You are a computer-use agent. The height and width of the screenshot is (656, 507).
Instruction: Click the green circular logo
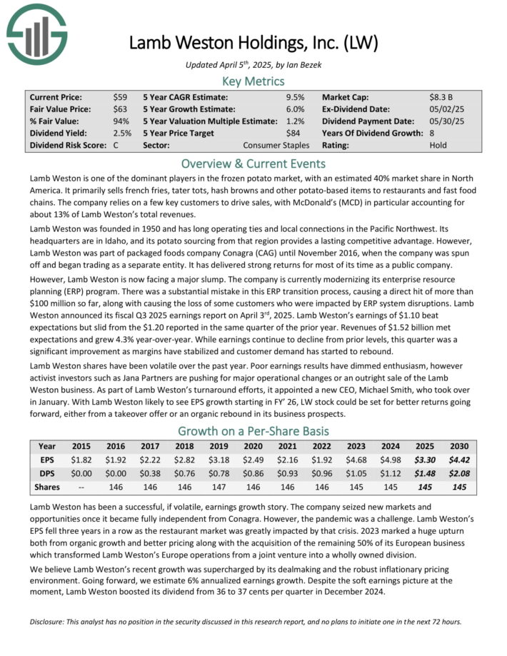point(36,35)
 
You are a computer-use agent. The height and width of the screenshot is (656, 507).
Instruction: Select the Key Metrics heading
point(253,81)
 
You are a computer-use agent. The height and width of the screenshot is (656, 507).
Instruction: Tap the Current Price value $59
point(120,96)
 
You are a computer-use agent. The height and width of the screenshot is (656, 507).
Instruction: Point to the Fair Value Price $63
point(120,109)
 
